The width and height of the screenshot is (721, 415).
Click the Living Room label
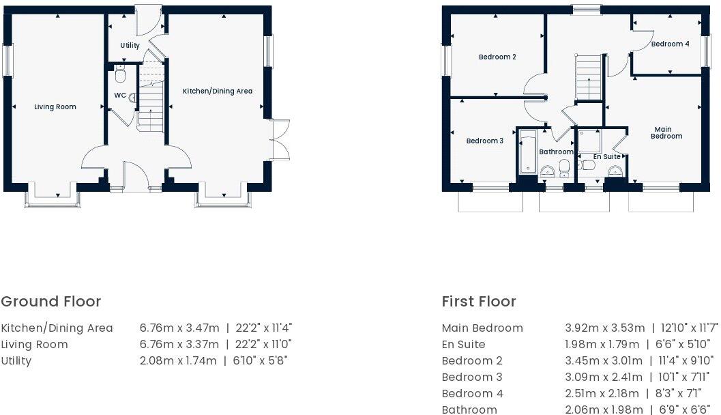(55, 107)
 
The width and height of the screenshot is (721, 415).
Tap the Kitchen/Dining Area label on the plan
(217, 91)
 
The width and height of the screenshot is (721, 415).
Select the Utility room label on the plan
(130, 46)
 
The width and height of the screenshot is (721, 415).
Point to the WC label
(119, 96)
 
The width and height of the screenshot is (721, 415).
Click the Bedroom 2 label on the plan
(497, 57)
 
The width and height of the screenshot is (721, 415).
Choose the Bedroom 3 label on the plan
(484, 141)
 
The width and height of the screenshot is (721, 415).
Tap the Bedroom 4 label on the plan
(670, 44)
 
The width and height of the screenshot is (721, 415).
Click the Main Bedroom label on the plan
(666, 132)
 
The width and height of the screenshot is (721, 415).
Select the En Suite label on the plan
(606, 157)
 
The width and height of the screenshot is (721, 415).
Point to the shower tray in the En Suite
(590, 141)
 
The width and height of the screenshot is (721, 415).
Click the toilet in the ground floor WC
(120, 74)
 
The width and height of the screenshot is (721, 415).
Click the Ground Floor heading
(51, 302)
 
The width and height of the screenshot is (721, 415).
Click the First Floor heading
(479, 302)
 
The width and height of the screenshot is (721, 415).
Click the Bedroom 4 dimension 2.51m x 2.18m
(602, 394)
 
